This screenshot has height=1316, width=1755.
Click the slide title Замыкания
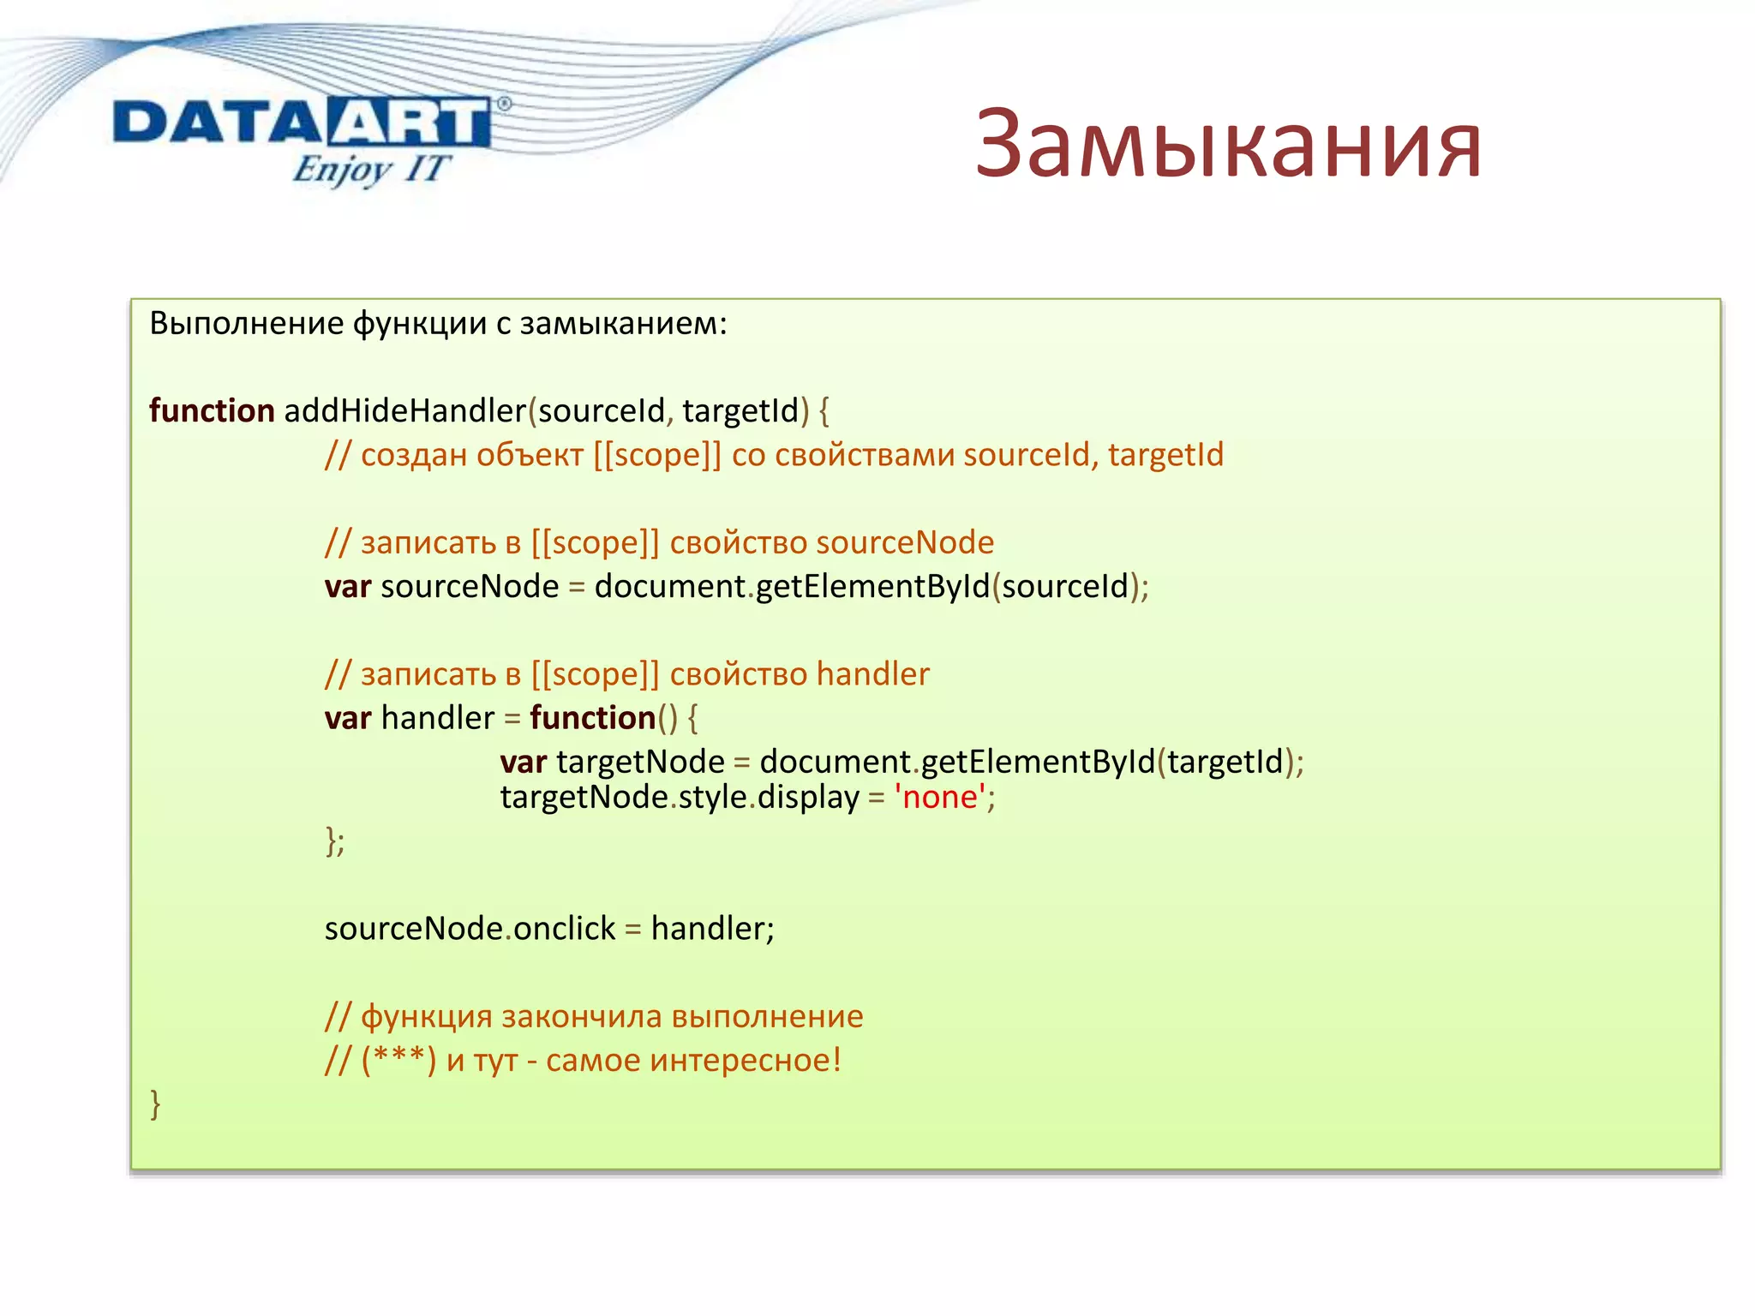point(1228,144)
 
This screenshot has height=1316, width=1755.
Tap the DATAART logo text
point(302,123)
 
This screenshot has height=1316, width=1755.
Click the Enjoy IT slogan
point(370,169)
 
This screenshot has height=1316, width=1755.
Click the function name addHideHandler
point(404,411)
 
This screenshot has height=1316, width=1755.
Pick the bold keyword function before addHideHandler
point(211,411)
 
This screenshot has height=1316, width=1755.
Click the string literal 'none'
point(939,798)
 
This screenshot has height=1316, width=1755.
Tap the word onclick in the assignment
point(564,929)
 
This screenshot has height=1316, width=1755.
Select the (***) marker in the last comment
point(398,1061)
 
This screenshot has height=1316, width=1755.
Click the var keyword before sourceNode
point(347,588)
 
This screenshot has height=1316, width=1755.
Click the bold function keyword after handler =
point(592,718)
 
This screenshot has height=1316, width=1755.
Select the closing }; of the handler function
point(334,841)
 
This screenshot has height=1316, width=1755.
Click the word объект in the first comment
point(530,455)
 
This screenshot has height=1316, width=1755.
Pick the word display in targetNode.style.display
point(807,798)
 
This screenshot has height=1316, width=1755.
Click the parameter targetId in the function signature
point(740,411)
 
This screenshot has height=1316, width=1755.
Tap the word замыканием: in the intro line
point(623,324)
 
